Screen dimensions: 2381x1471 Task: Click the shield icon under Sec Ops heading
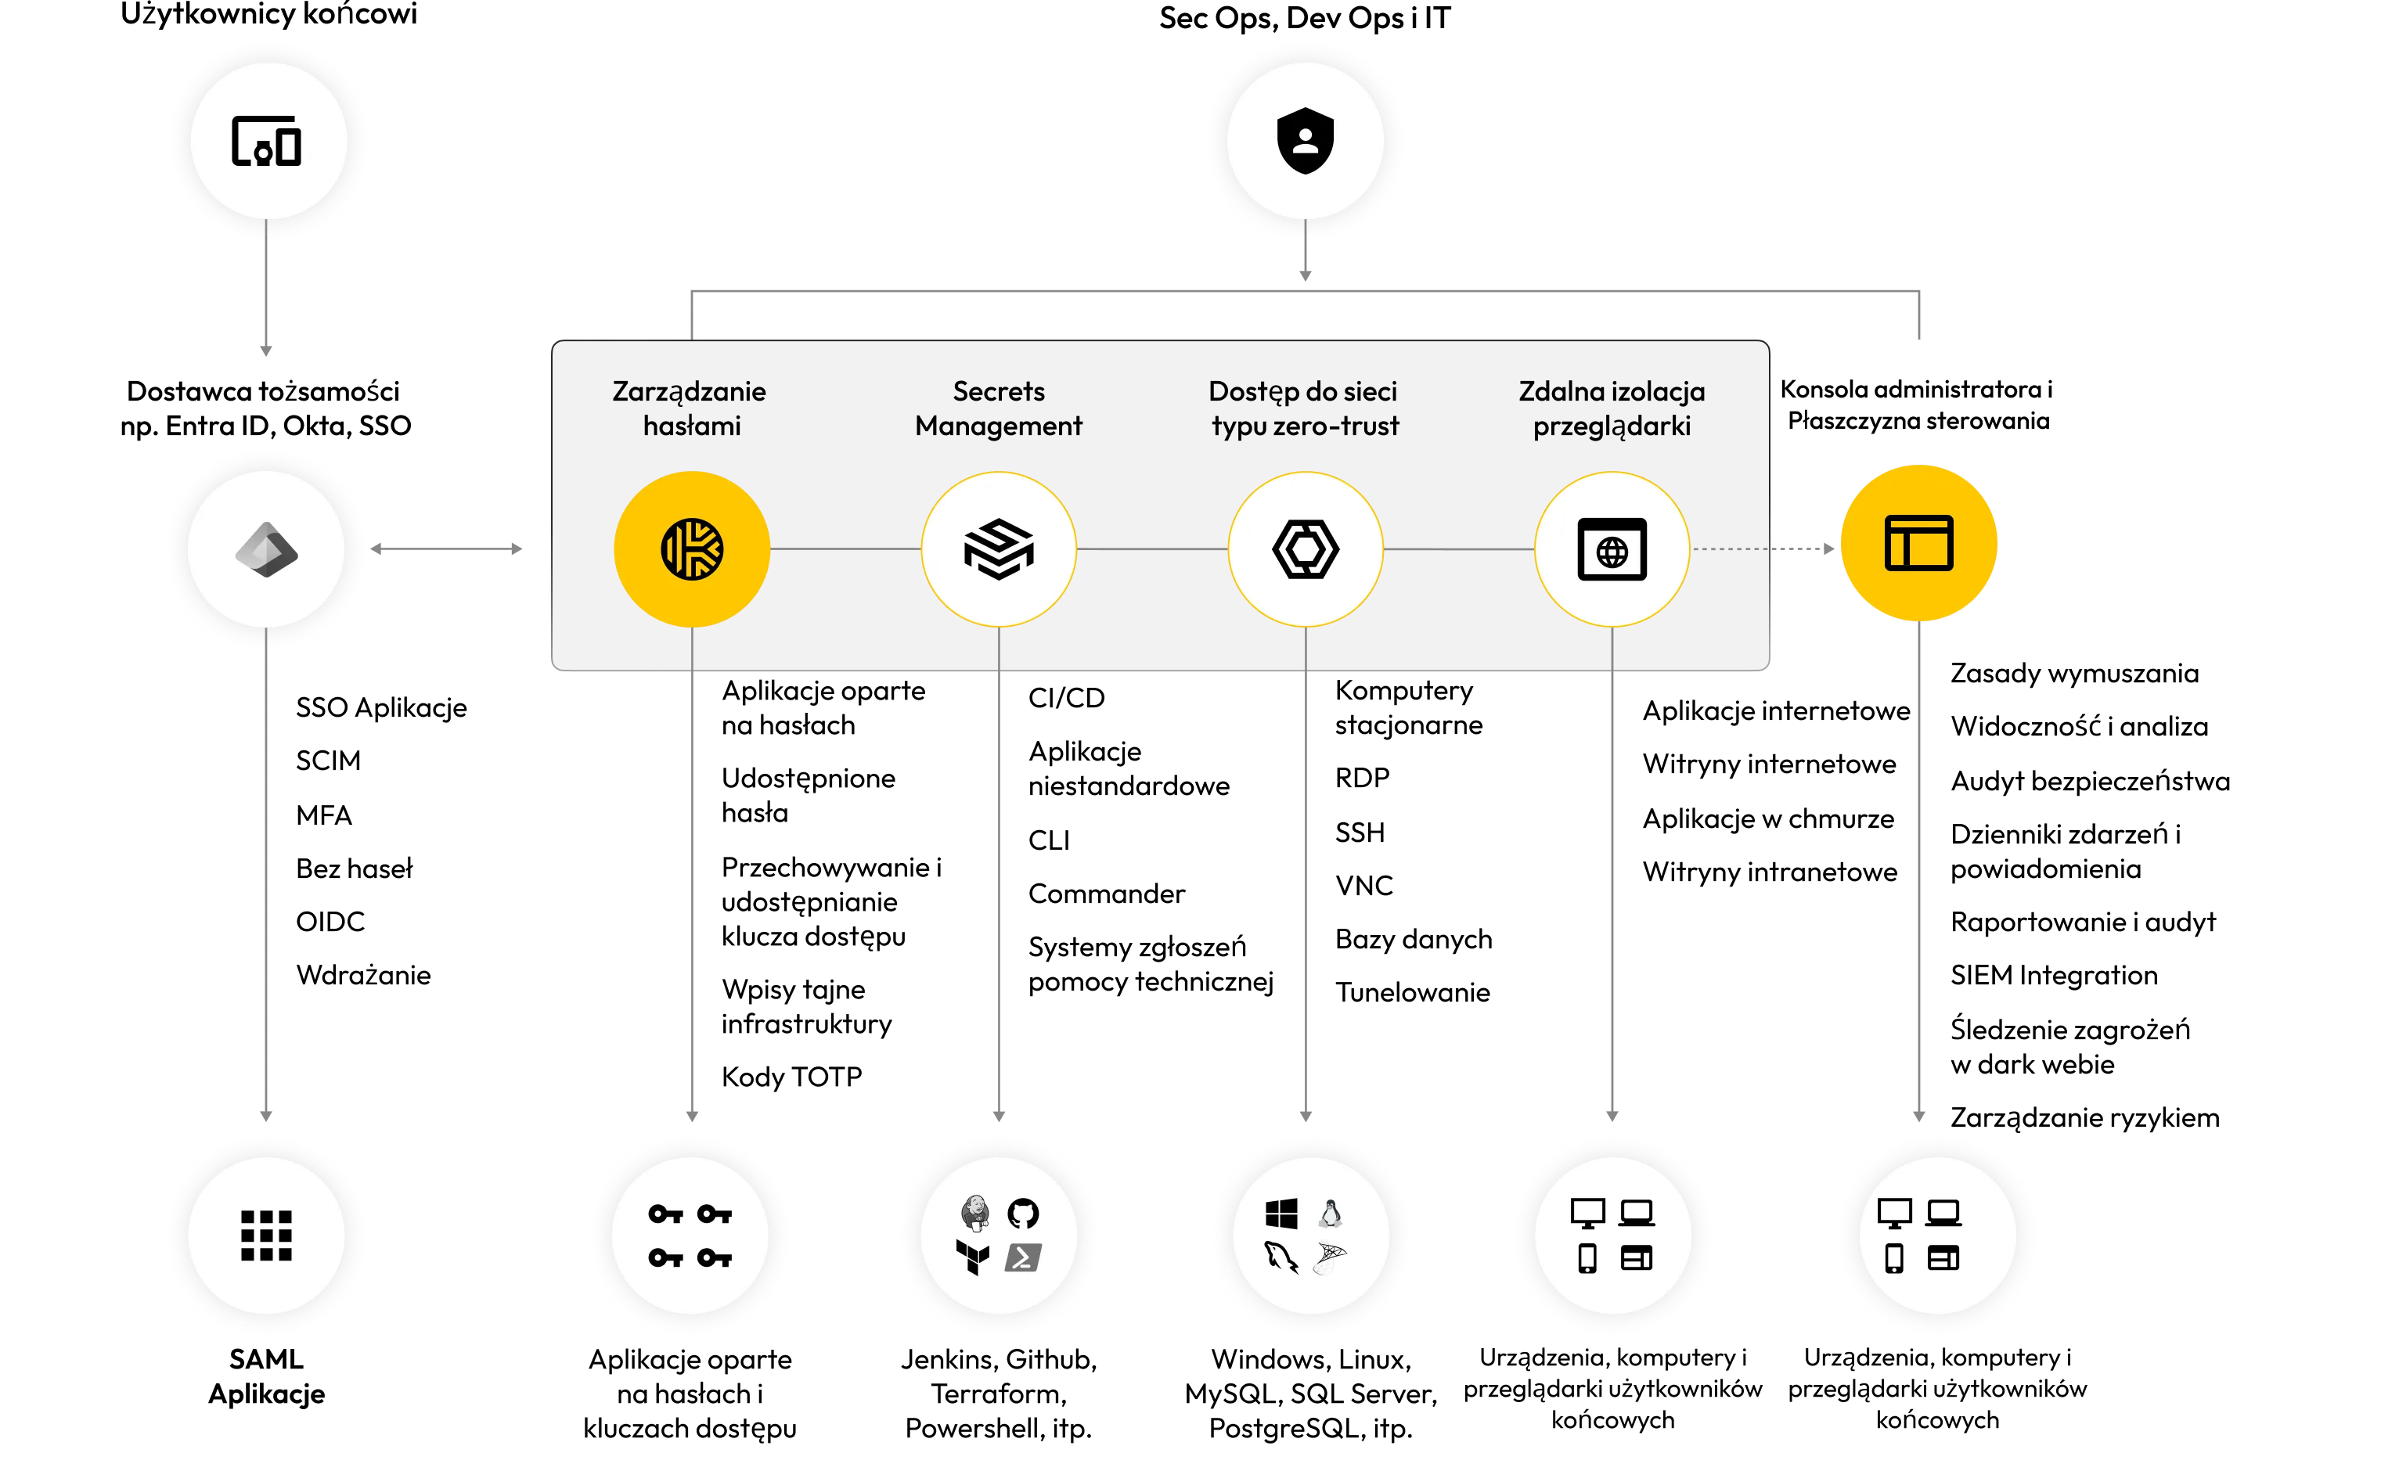pyautogui.click(x=1305, y=140)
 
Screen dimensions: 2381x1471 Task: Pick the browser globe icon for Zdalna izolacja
pyautogui.click(x=1612, y=550)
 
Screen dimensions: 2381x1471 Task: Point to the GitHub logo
pyautogui.click(x=1023, y=1214)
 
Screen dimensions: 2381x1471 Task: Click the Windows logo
pyautogui.click(x=1281, y=1214)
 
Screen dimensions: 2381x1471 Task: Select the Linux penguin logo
pyautogui.click(x=1330, y=1214)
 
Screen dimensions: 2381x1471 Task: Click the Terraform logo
pyautogui.click(x=973, y=1257)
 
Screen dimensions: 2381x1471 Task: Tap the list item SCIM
pyautogui.click(x=328, y=761)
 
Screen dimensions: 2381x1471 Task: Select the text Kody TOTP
pyautogui.click(x=792, y=1077)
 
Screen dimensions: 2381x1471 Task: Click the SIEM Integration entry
pyautogui.click(x=2054, y=975)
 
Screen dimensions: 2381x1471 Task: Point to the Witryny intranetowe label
pyautogui.click(x=1770, y=872)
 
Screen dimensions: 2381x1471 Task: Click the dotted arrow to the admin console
pyautogui.click(x=1763, y=548)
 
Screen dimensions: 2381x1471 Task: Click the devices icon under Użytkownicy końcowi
pyautogui.click(x=265, y=141)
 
